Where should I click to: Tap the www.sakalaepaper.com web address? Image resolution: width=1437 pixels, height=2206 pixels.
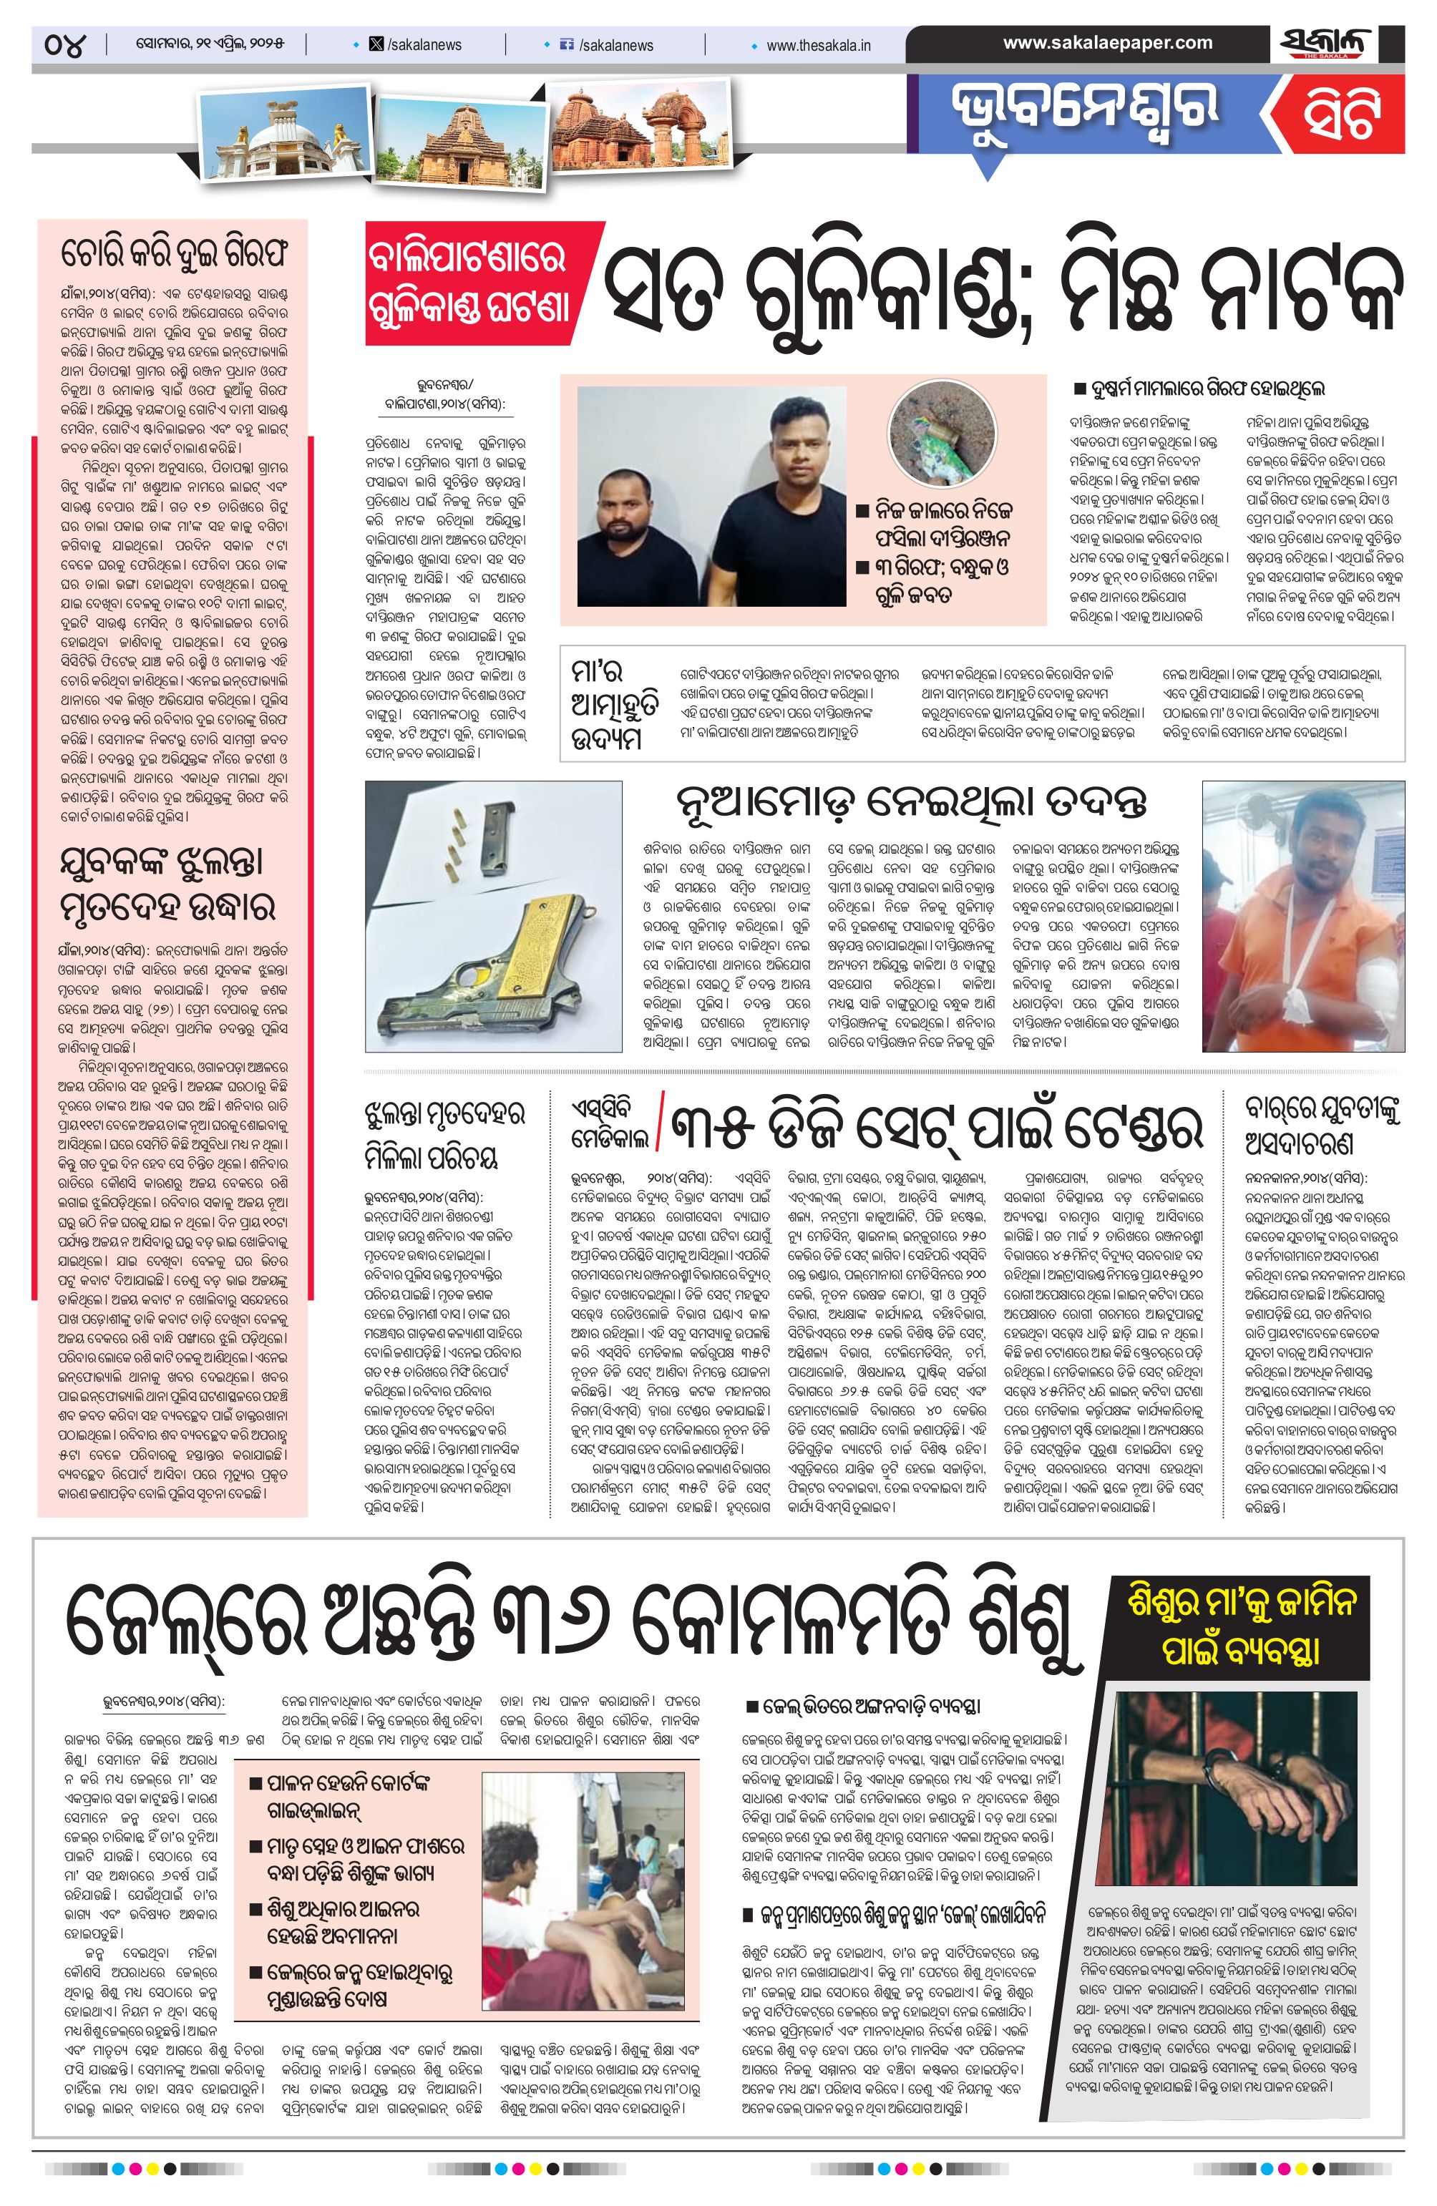(1107, 43)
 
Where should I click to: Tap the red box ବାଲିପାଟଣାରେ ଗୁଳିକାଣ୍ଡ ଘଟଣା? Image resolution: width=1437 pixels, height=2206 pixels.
(467, 283)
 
